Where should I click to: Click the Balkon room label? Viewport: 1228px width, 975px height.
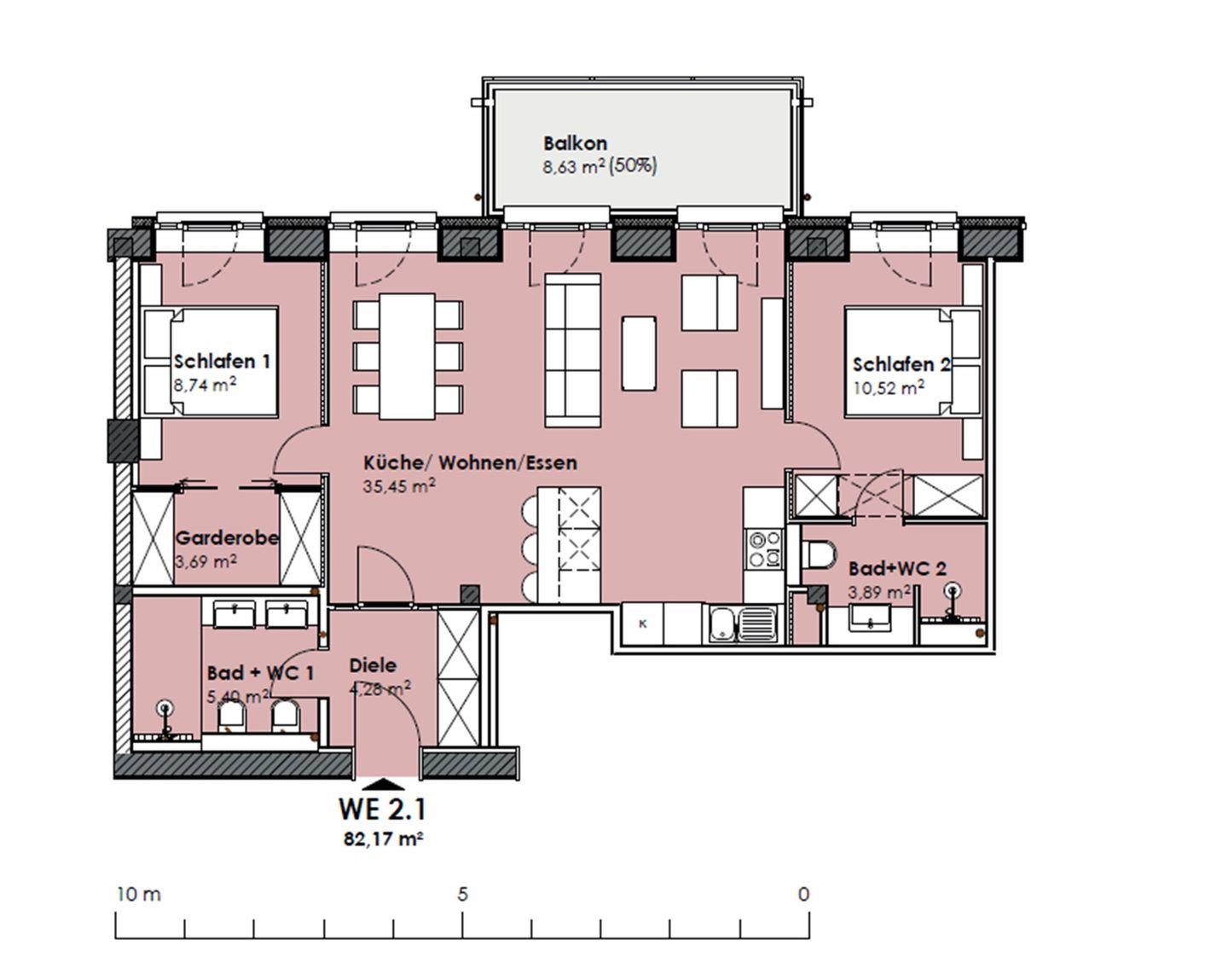[x=575, y=142]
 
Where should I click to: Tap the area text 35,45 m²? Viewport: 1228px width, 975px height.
[x=399, y=485]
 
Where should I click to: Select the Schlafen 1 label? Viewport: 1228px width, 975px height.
[x=222, y=362]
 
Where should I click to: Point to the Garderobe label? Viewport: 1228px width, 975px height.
[x=227, y=537]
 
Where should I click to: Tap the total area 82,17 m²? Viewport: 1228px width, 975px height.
[x=384, y=839]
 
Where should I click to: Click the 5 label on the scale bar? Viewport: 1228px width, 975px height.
[x=462, y=894]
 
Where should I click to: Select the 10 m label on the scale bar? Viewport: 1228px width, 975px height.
[x=139, y=894]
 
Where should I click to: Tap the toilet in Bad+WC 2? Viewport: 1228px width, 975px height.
[x=820, y=554]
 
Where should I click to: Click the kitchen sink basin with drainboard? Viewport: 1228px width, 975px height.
[x=743, y=624]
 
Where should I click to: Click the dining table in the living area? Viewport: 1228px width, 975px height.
[x=408, y=357]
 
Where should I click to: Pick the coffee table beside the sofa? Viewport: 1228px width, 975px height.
[x=639, y=353]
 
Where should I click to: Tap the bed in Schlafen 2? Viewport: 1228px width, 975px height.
[x=912, y=362]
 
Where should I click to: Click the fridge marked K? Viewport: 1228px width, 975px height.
[x=642, y=624]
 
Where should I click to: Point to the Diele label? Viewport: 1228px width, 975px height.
[x=373, y=665]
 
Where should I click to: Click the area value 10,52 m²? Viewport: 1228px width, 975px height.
[x=889, y=388]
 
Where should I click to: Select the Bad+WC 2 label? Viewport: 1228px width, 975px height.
[x=898, y=569]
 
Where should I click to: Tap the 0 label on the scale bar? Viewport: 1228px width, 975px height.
[x=803, y=894]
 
